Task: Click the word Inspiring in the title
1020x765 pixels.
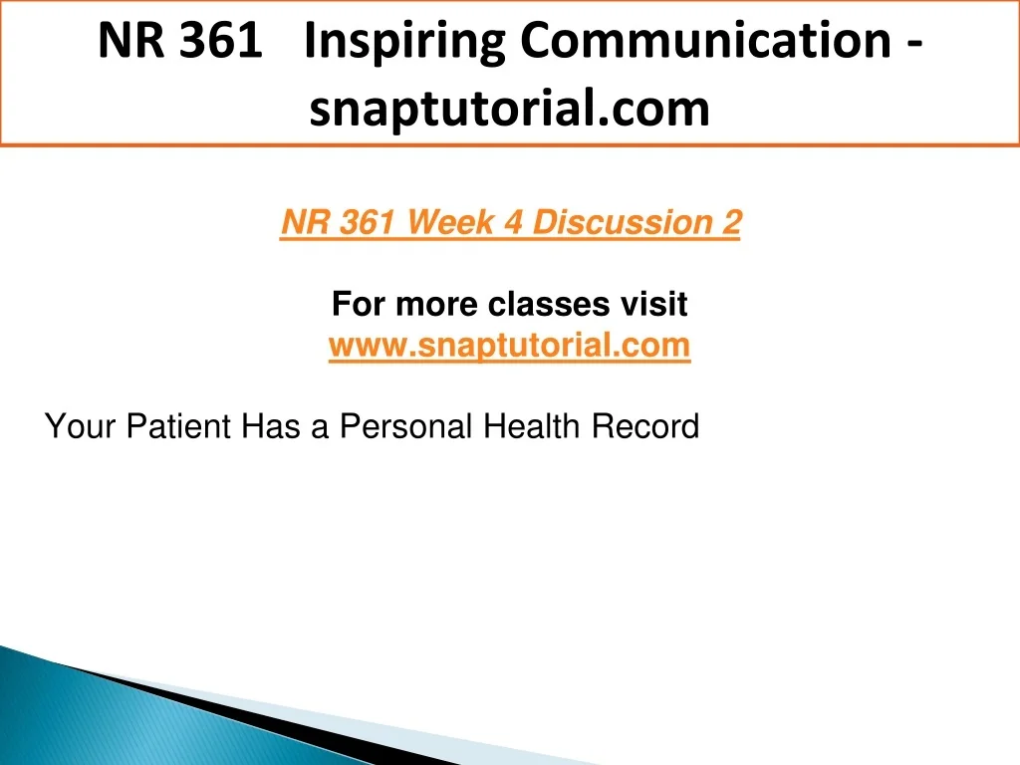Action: [x=404, y=42]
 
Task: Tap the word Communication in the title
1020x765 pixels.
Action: [x=706, y=40]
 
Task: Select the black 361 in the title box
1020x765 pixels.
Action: [x=220, y=40]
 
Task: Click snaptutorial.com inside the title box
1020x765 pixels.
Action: [x=509, y=109]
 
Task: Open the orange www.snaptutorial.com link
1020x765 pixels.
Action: [x=509, y=346]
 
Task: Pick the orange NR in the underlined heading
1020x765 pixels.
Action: [x=305, y=222]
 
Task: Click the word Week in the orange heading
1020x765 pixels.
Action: [x=451, y=222]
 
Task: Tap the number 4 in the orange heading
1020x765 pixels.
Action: [x=513, y=222]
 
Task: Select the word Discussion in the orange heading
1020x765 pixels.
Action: [x=623, y=222]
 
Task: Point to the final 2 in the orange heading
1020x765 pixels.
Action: [x=732, y=222]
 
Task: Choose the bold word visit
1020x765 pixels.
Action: [x=653, y=304]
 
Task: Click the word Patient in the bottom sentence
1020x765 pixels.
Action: [x=178, y=426]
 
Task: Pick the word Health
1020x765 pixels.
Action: [x=532, y=426]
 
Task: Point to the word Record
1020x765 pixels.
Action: [x=645, y=426]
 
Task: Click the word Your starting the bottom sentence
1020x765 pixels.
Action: [x=80, y=426]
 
